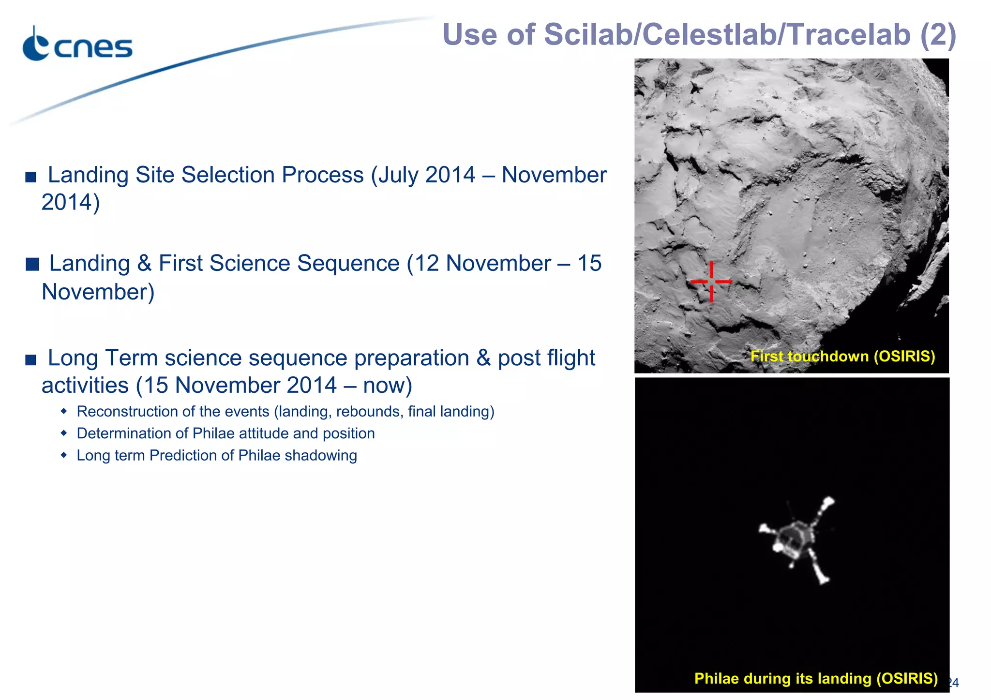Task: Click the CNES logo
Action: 77,45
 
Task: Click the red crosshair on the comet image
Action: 711,281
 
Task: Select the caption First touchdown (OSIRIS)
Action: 842,357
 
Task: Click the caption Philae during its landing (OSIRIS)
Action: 816,678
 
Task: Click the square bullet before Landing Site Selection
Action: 31,177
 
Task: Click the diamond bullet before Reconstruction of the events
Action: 64,412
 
